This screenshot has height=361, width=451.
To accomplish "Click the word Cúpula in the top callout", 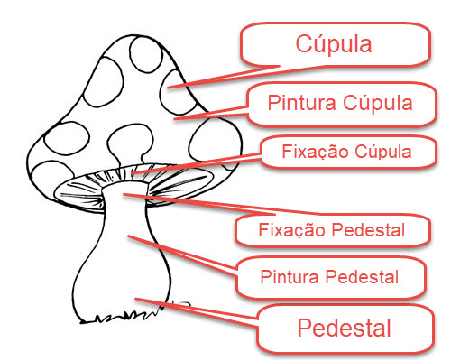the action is pyautogui.click(x=334, y=44).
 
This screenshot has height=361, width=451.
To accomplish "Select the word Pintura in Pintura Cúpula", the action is pyautogui.click(x=301, y=103).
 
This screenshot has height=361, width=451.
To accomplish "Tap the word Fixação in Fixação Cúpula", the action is pyautogui.click(x=315, y=152).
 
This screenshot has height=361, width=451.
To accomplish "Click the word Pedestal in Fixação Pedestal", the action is pyautogui.click(x=368, y=230).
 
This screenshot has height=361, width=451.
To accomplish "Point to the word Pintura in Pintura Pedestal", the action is pyautogui.click(x=290, y=276).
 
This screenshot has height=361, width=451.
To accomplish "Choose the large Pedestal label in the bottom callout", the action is pyautogui.click(x=344, y=328).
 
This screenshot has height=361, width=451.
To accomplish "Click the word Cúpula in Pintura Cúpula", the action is pyautogui.click(x=378, y=103).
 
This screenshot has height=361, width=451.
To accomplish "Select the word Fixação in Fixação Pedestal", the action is pyautogui.click(x=292, y=230).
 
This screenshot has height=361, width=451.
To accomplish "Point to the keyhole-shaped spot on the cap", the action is pyautogui.click(x=131, y=143).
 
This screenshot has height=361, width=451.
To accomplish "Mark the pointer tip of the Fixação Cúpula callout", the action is pyautogui.click(x=132, y=174).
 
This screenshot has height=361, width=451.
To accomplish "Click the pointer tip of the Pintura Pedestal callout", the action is pyautogui.click(x=128, y=236).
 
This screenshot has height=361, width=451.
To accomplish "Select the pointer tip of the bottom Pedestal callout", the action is pyautogui.click(x=135, y=299).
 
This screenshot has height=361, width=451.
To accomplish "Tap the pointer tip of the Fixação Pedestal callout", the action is pyautogui.click(x=124, y=195).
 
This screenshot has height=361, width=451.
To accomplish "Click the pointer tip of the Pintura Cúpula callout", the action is pyautogui.click(x=174, y=119).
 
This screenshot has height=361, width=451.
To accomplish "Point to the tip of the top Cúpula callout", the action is pyautogui.click(x=168, y=88).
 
